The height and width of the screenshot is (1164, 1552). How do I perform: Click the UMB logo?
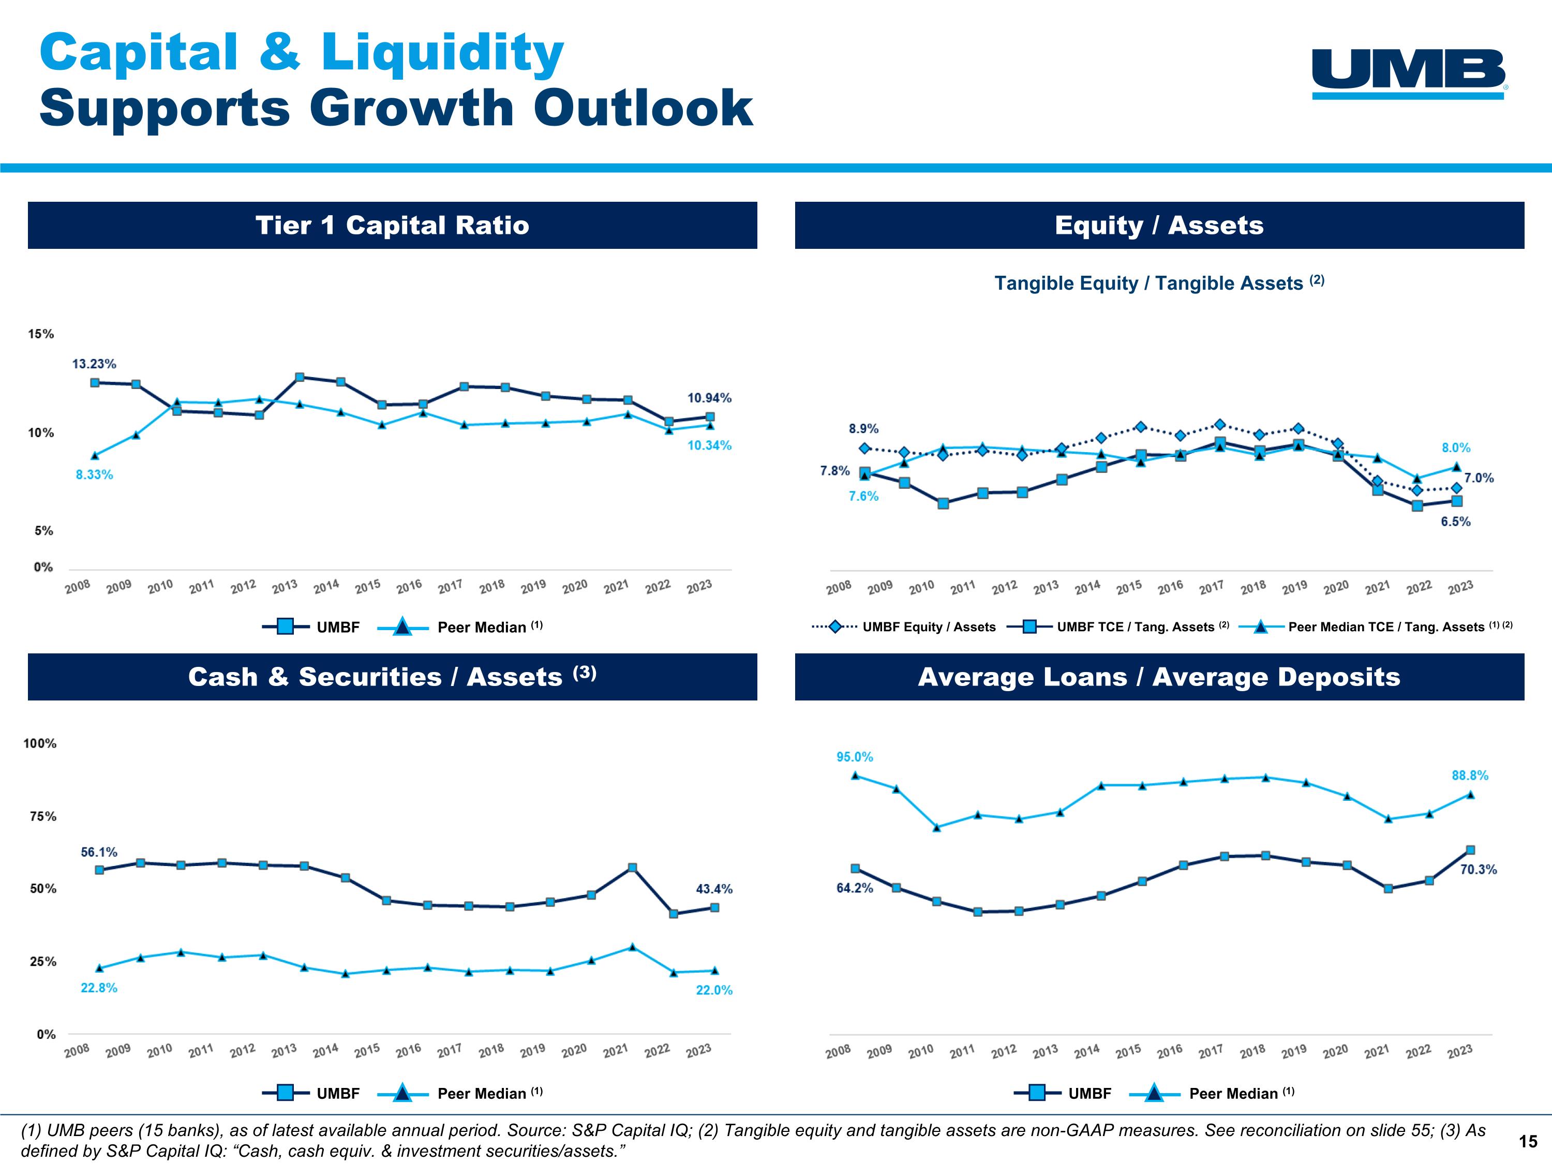(1409, 73)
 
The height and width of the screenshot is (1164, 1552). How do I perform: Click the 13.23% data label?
(94, 364)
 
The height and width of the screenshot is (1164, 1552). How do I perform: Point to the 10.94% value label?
(709, 398)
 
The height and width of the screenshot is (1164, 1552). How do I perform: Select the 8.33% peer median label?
(94, 474)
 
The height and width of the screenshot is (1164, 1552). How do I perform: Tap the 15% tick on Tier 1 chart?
(41, 334)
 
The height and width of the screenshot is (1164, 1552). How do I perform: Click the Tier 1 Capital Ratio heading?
(392, 225)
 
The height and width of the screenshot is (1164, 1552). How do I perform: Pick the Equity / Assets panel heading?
(1159, 225)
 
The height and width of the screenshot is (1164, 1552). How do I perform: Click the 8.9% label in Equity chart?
(864, 429)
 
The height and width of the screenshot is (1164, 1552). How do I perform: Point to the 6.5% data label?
(1456, 521)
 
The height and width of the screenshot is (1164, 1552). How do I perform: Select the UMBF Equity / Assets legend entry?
(928, 626)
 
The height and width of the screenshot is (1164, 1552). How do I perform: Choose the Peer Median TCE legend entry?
(1386, 626)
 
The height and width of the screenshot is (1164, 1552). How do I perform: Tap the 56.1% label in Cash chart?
(99, 852)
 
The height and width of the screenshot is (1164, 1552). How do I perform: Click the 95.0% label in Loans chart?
(855, 757)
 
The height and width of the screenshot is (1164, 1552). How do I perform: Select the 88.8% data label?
(1470, 775)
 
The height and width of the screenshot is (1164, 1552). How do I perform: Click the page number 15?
(1528, 1142)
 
